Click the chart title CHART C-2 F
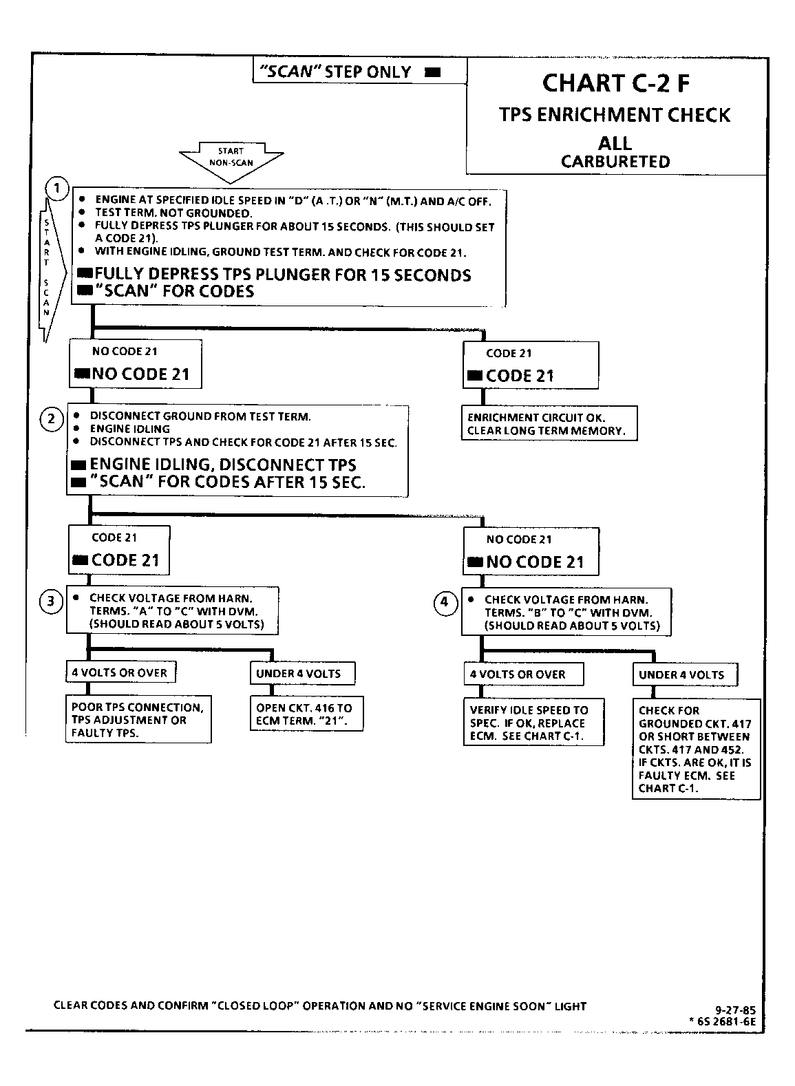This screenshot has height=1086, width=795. (x=615, y=83)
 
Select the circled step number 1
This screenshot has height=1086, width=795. (x=56, y=188)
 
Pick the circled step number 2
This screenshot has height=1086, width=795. (x=52, y=419)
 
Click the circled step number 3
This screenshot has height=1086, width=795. (x=51, y=601)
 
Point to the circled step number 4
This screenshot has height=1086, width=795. (x=445, y=603)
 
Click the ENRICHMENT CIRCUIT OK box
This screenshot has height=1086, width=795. (x=549, y=423)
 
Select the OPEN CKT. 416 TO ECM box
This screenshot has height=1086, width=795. (x=306, y=713)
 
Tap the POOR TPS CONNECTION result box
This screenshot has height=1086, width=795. (x=138, y=719)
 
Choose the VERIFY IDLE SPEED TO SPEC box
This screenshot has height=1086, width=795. (x=533, y=722)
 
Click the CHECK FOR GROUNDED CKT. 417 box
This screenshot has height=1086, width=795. (x=696, y=749)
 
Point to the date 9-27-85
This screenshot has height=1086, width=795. (x=735, y=1010)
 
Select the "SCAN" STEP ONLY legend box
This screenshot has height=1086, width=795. (x=360, y=71)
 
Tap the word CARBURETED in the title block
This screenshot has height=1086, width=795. (x=615, y=162)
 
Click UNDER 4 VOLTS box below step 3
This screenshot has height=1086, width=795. (x=302, y=674)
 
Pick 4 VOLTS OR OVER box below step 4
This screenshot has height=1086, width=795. (x=524, y=674)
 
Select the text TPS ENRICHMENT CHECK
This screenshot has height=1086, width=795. (x=615, y=115)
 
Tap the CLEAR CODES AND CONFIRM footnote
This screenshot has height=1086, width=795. (x=320, y=1006)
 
